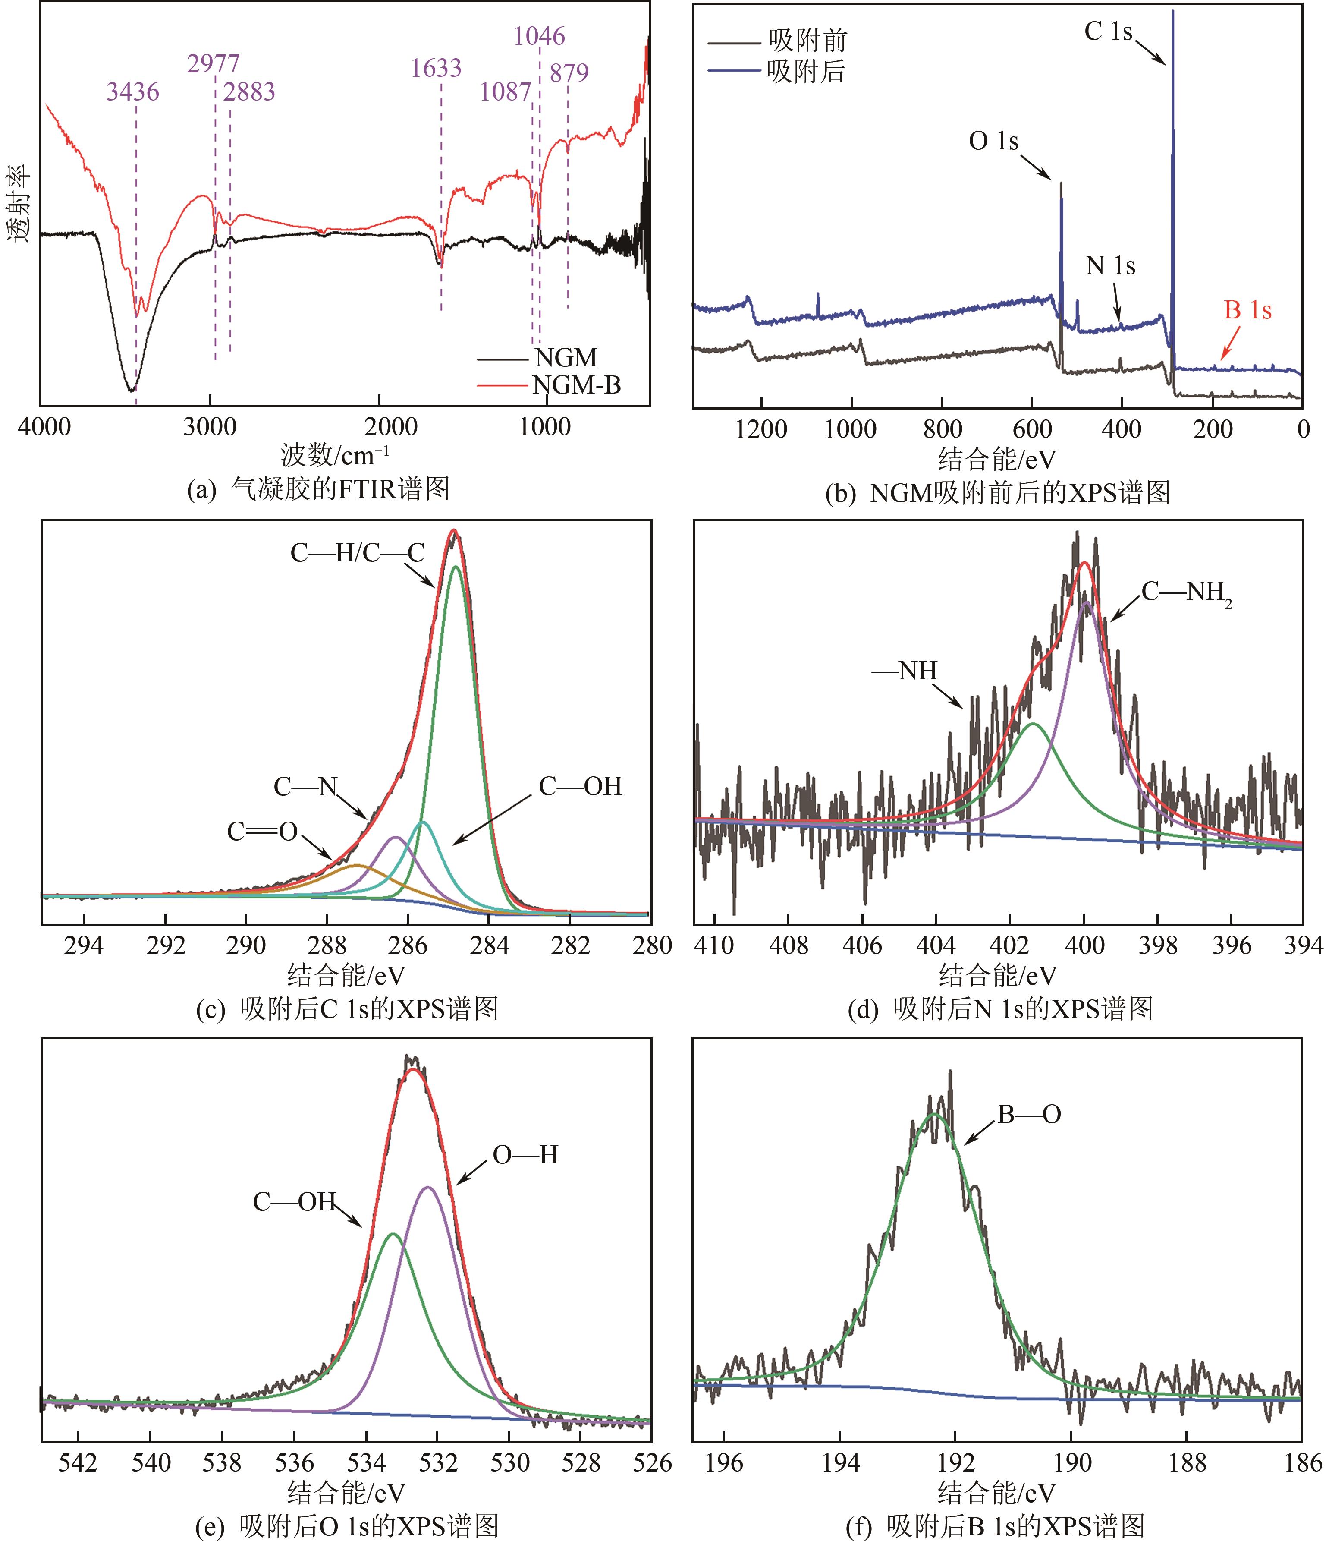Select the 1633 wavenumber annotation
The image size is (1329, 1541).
point(436,69)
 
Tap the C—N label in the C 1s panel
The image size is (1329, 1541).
point(305,786)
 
